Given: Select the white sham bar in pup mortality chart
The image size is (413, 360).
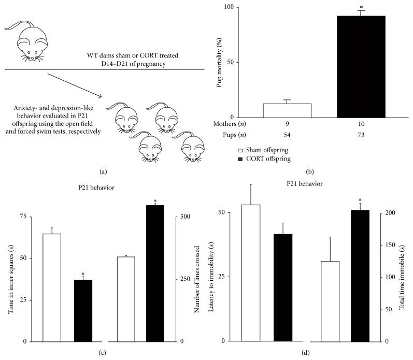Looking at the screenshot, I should click(x=287, y=111).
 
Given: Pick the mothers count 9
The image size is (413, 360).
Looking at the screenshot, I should click(x=287, y=124).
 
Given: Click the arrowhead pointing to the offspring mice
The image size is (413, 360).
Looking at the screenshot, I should click(x=99, y=96).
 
